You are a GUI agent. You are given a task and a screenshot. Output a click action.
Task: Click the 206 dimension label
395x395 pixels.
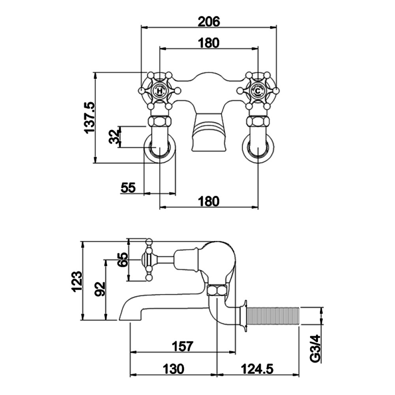(x=209, y=21)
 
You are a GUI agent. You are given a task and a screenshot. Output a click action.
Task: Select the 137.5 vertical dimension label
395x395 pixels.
(x=90, y=118)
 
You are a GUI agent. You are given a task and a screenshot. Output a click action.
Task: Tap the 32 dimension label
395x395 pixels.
(x=115, y=136)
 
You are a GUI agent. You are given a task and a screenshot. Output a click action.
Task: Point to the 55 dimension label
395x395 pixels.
(x=128, y=188)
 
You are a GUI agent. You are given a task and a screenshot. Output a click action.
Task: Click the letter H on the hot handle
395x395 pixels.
(x=159, y=91)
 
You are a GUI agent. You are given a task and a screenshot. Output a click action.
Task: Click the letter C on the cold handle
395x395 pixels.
(x=258, y=91)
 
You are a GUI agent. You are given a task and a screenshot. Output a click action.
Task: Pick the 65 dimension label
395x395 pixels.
(x=123, y=260)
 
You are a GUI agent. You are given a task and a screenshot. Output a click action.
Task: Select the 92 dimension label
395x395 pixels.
(x=100, y=289)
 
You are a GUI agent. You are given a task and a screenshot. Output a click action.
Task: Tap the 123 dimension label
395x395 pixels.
(x=77, y=281)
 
